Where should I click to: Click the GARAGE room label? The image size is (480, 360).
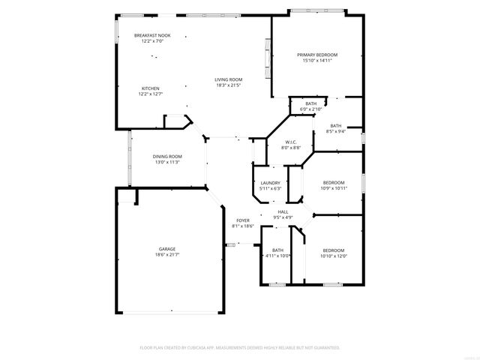point(168,249)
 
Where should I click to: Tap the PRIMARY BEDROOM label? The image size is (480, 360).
point(317,55)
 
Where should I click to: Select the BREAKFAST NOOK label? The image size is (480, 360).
point(152,35)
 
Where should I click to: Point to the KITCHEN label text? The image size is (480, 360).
point(151,88)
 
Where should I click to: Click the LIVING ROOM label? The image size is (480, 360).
point(229,79)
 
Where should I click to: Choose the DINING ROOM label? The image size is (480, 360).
point(168,156)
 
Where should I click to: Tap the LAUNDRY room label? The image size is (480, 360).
point(270,183)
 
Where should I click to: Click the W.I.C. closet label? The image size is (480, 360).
point(291,142)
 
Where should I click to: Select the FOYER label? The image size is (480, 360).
point(243,220)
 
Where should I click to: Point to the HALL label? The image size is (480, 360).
point(283,212)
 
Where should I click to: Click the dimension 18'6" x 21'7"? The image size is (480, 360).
point(168,255)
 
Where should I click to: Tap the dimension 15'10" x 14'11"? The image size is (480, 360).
point(317,61)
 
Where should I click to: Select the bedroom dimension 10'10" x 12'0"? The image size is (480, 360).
point(334,256)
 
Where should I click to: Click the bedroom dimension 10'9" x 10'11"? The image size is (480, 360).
point(334,188)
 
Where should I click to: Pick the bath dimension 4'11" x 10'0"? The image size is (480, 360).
point(278,256)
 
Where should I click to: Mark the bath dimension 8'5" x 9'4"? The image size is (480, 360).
point(335,131)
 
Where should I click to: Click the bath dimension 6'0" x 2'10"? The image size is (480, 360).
point(310,109)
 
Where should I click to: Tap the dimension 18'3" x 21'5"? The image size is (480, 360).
point(229,85)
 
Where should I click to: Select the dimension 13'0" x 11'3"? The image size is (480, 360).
point(168,162)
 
